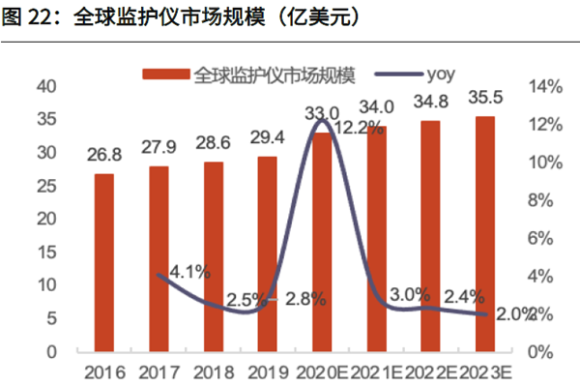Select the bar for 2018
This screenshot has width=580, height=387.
click(213, 255)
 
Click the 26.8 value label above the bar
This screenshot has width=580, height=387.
click(103, 155)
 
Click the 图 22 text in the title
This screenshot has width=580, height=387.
click(32, 18)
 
